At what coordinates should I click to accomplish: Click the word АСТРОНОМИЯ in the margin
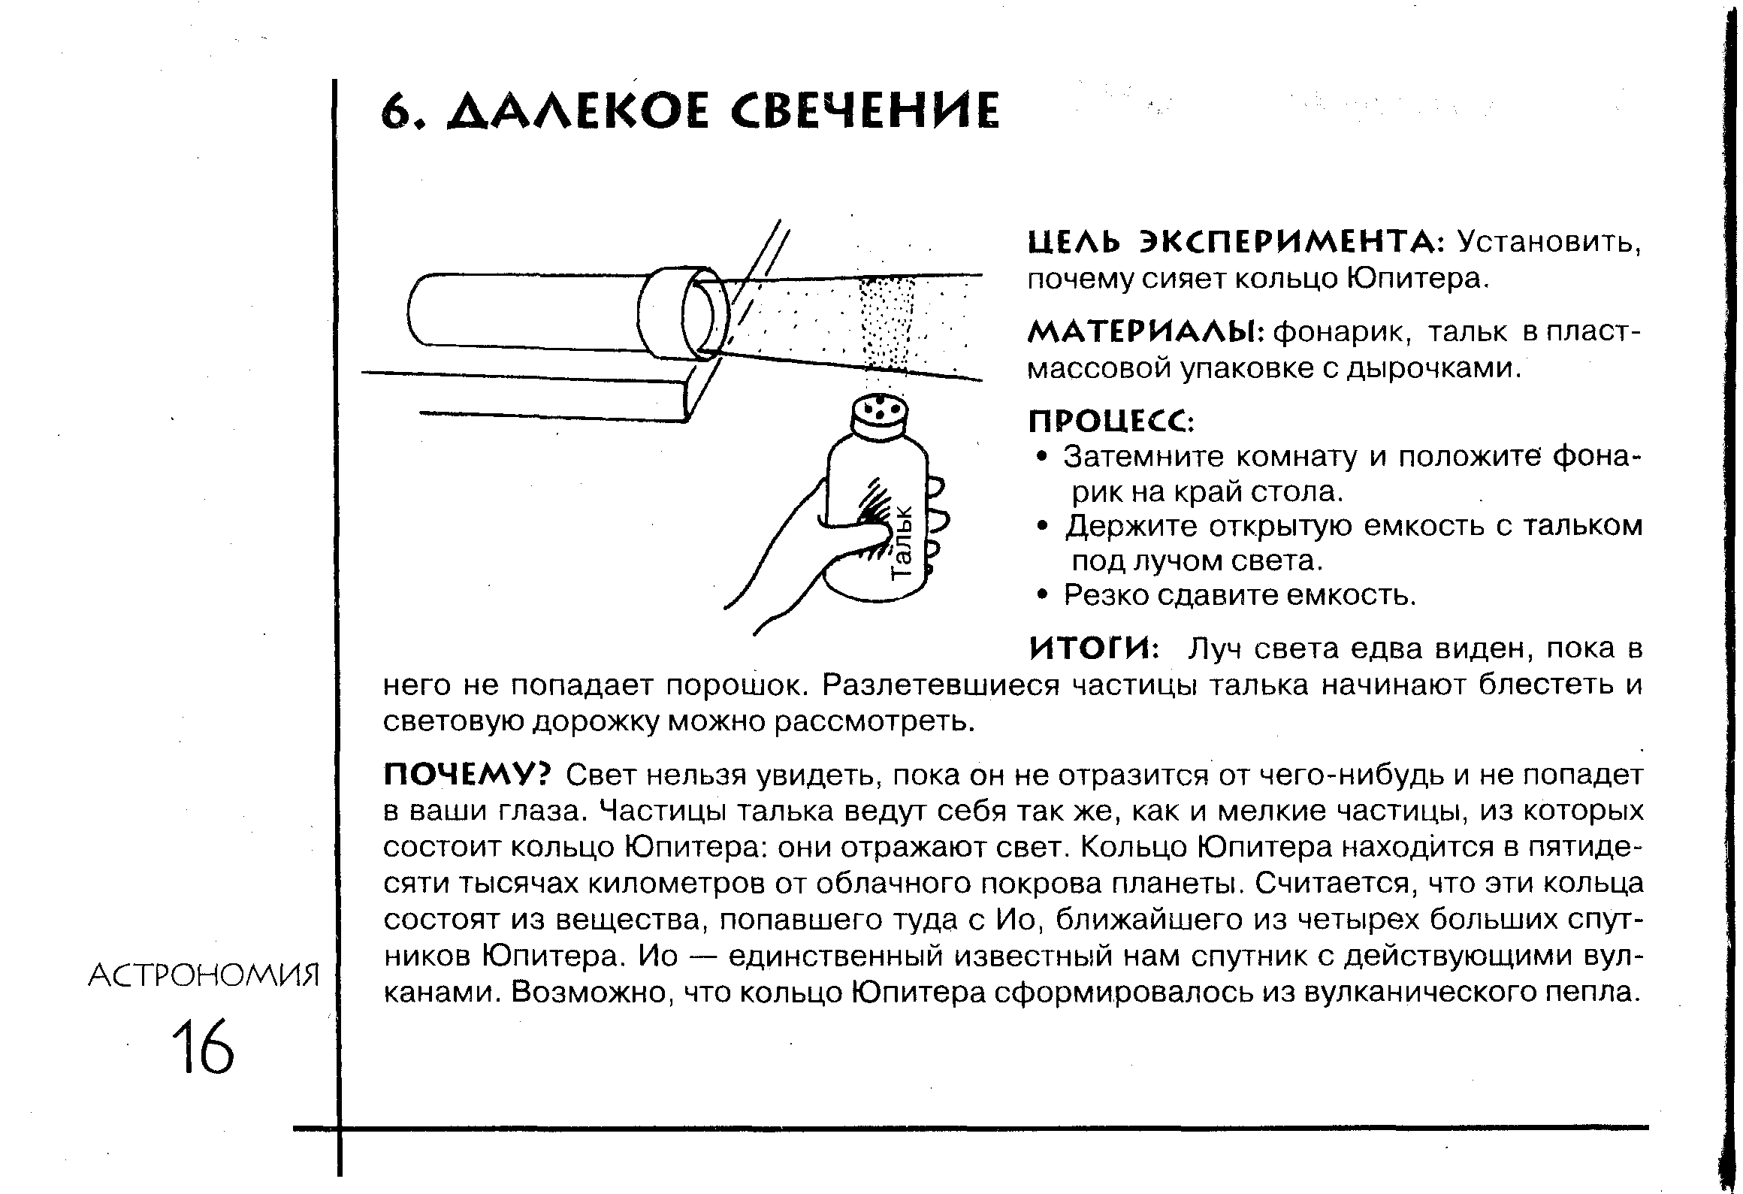tap(204, 976)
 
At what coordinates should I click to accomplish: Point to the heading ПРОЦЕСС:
tap(1110, 422)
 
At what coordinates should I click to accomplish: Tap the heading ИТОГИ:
tap(1094, 648)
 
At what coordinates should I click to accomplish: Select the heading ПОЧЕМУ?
tap(467, 774)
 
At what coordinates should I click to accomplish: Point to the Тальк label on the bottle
tap(903, 542)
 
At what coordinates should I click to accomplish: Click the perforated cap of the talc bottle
tap(881, 418)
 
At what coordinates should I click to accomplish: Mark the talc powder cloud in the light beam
tap(887, 323)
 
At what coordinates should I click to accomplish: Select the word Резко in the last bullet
tap(1105, 595)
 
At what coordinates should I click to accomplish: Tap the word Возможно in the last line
tap(587, 992)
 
